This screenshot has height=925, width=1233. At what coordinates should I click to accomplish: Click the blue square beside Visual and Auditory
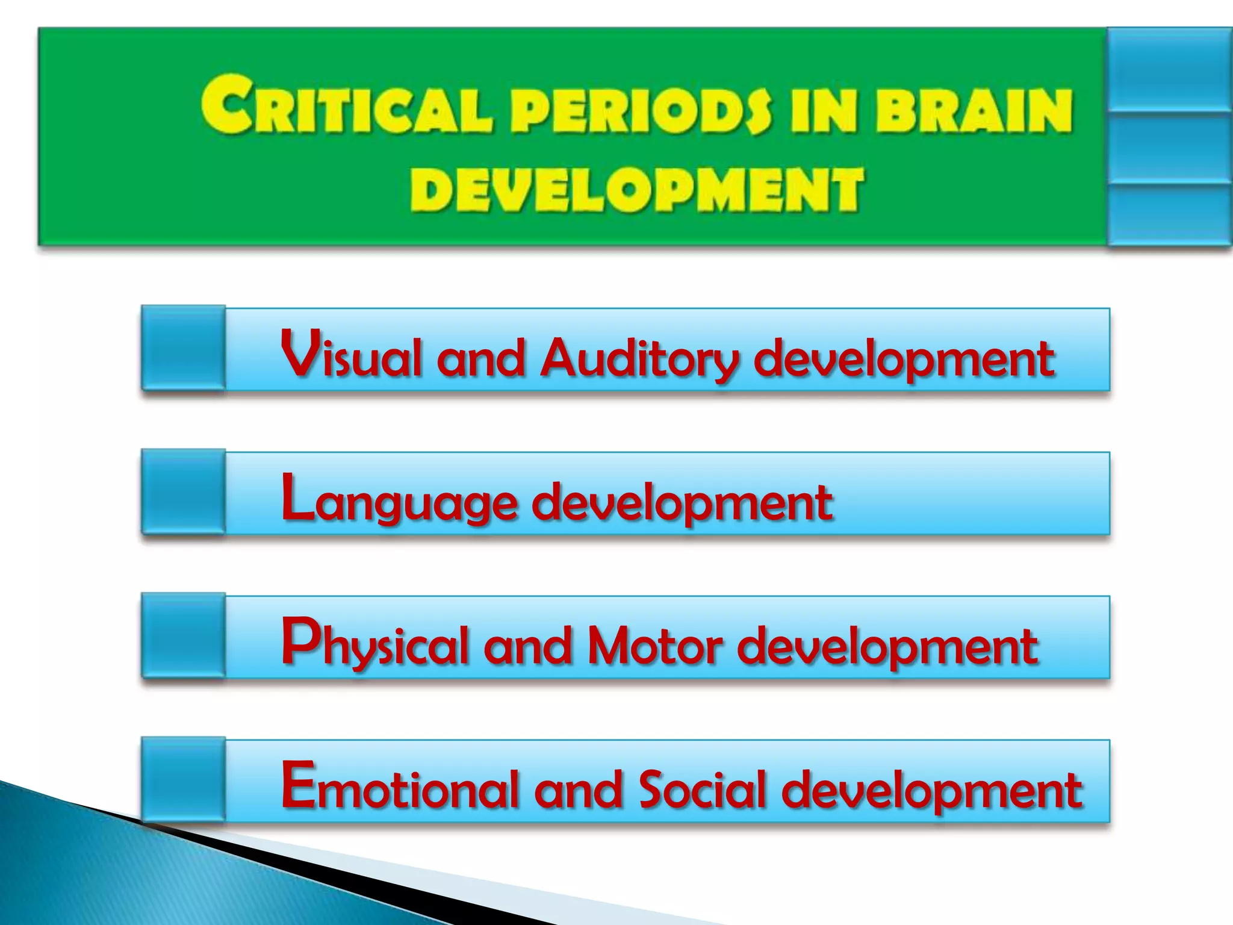tap(184, 348)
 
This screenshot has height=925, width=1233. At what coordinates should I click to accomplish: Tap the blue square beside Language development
tap(184, 492)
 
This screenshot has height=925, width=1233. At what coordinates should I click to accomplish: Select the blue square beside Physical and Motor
tap(184, 636)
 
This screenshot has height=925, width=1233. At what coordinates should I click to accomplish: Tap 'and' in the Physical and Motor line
tap(527, 646)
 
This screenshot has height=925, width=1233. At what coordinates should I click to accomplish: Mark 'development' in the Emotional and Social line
tap(932, 790)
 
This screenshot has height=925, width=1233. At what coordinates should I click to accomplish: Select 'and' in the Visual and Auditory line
tap(480, 358)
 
